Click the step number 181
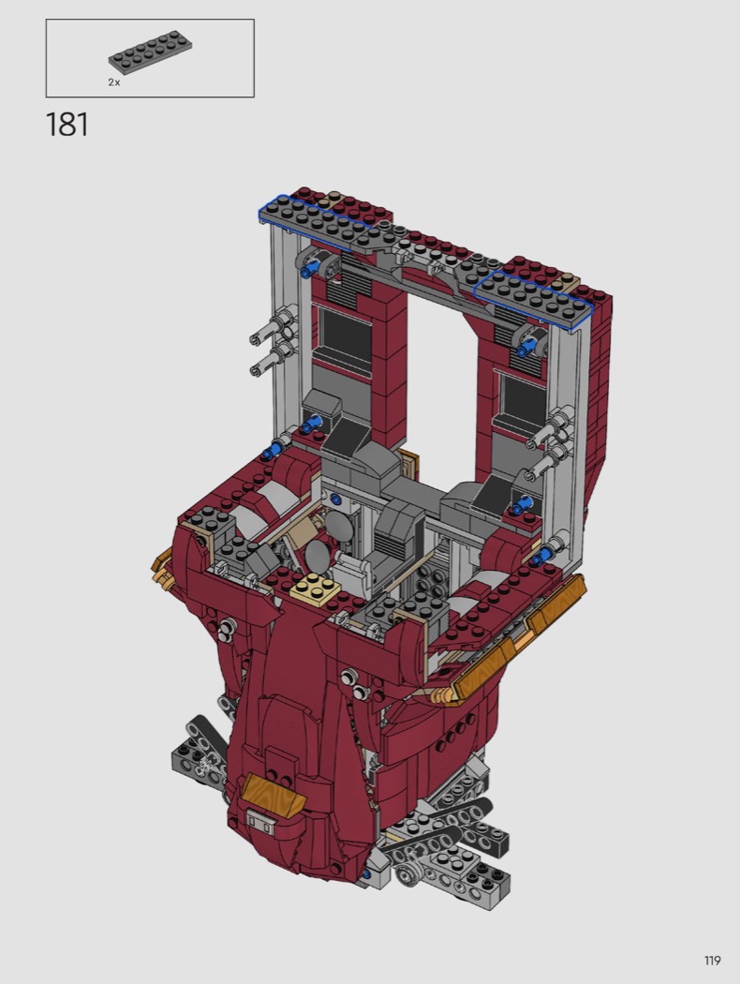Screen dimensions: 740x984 67,125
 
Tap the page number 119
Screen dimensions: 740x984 712,961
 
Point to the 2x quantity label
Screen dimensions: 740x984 113,82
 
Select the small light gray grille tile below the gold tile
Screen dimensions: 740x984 259,822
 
